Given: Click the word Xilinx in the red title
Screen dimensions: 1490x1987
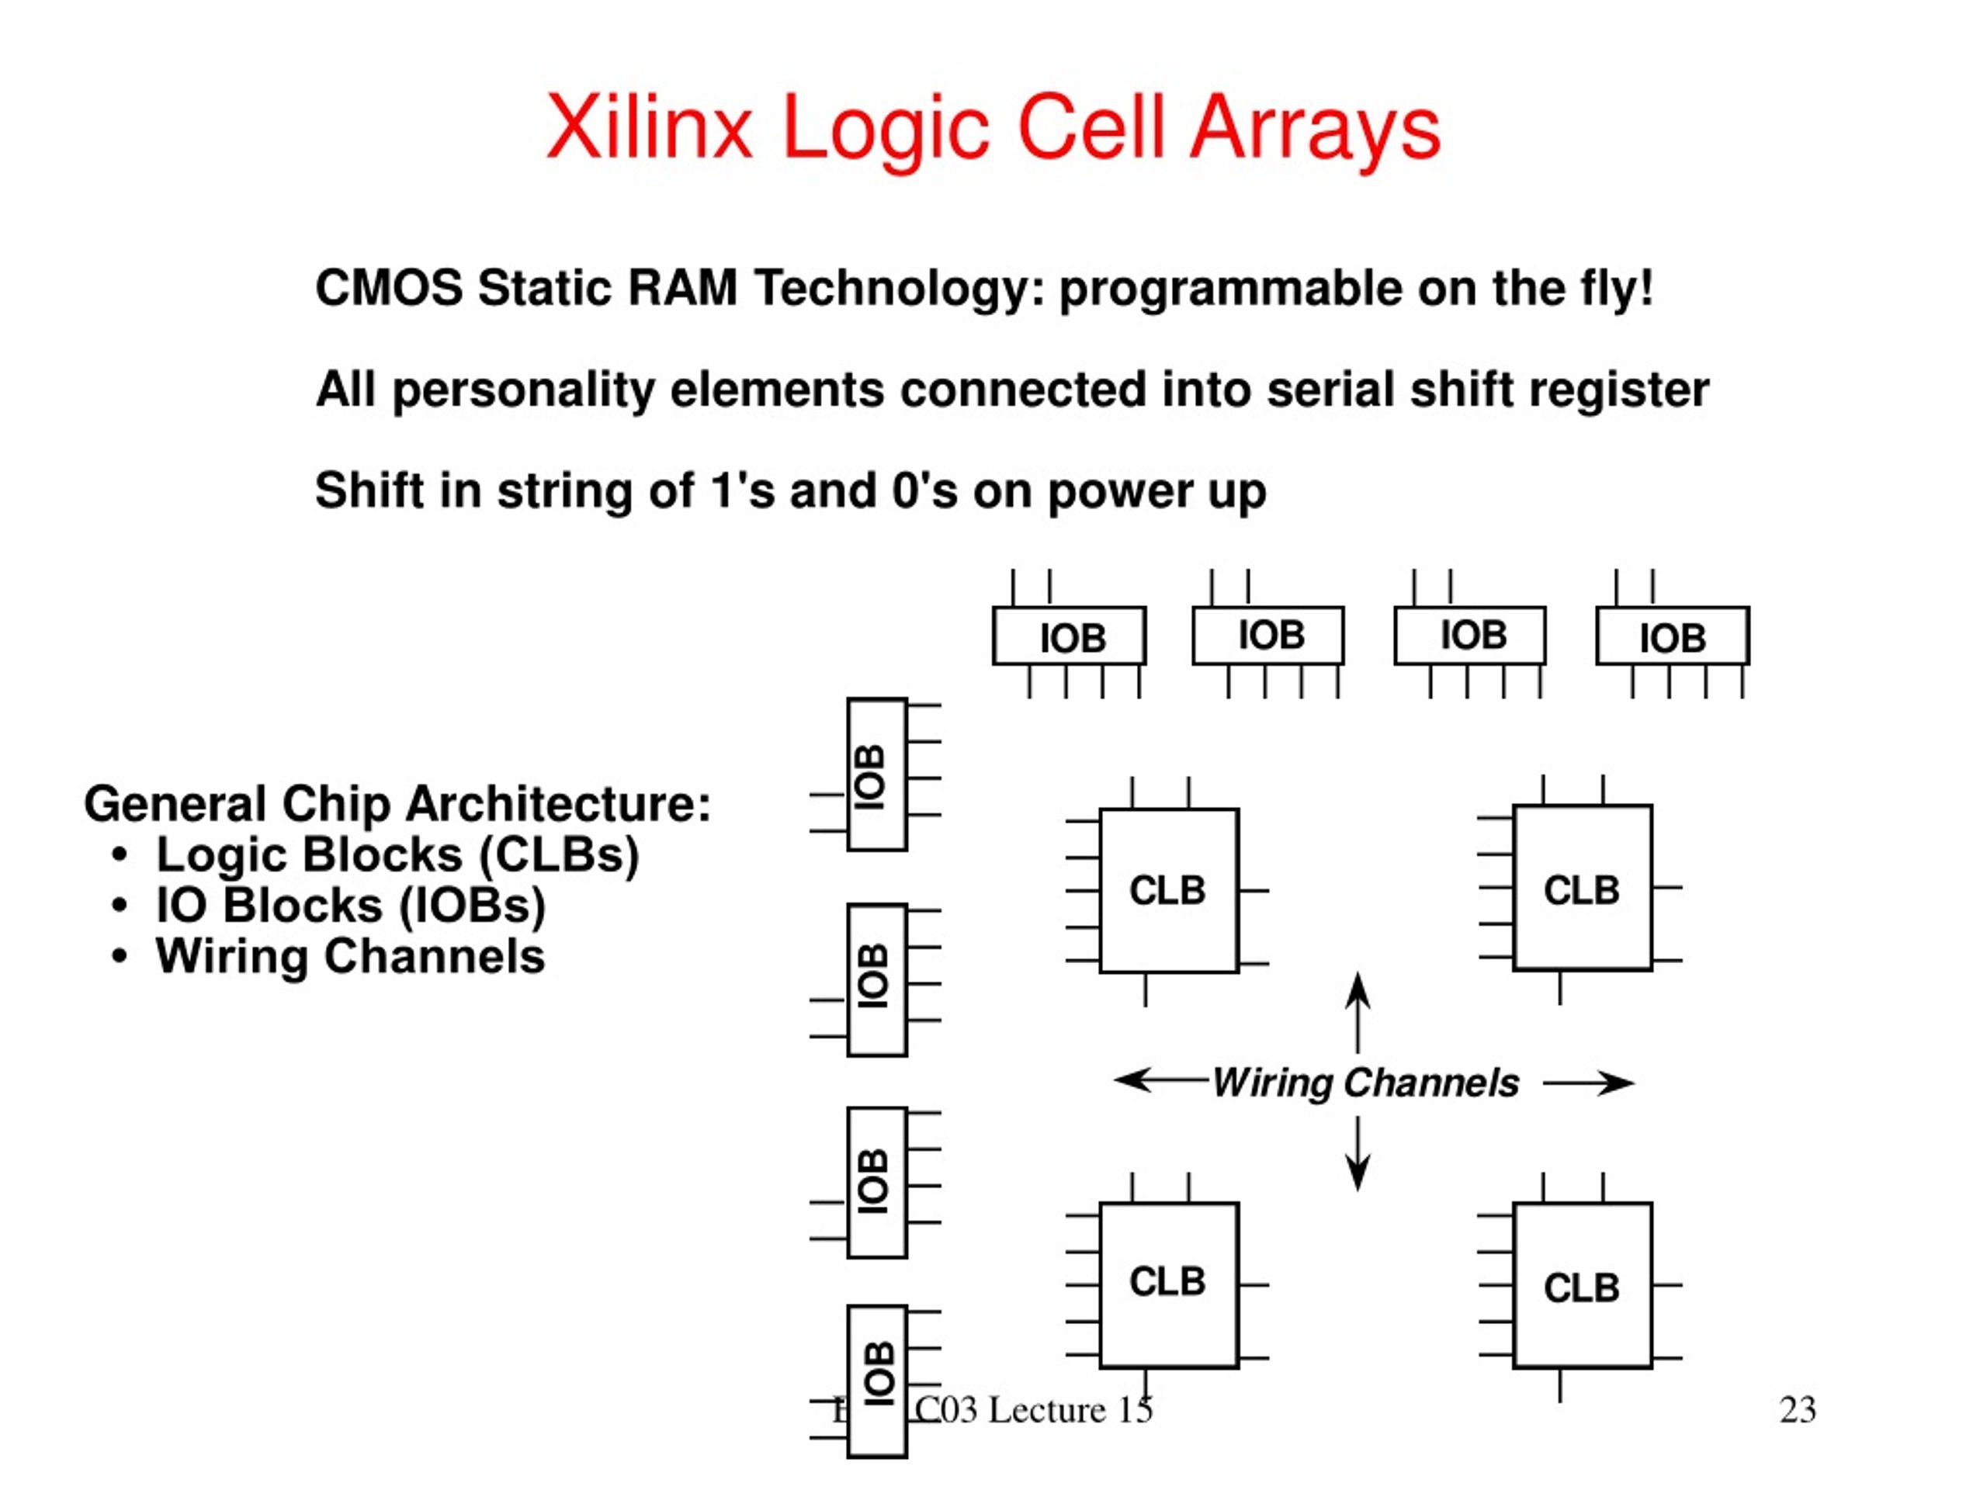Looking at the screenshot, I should point(649,127).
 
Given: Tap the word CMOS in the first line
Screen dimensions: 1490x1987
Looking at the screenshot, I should point(388,289).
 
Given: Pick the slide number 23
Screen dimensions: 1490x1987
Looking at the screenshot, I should point(1798,1410).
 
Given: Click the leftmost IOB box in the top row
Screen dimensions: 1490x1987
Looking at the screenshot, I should point(1069,636).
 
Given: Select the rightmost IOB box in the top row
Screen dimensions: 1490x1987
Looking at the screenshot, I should point(1672,636).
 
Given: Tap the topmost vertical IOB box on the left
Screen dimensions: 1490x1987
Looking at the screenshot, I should point(877,774).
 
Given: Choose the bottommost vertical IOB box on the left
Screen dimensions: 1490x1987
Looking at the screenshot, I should point(877,1380).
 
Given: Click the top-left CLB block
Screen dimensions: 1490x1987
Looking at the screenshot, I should point(1169,890).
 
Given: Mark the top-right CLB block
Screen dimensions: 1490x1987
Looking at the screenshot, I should point(1582,889).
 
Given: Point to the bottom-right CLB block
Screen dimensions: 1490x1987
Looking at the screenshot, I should point(1582,1286).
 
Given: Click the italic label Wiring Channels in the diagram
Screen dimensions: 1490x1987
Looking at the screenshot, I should point(1365,1083).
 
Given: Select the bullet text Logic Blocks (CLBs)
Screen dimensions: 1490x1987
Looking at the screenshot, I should point(397,854).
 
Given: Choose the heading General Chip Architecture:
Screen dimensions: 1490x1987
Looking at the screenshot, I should point(397,803).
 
